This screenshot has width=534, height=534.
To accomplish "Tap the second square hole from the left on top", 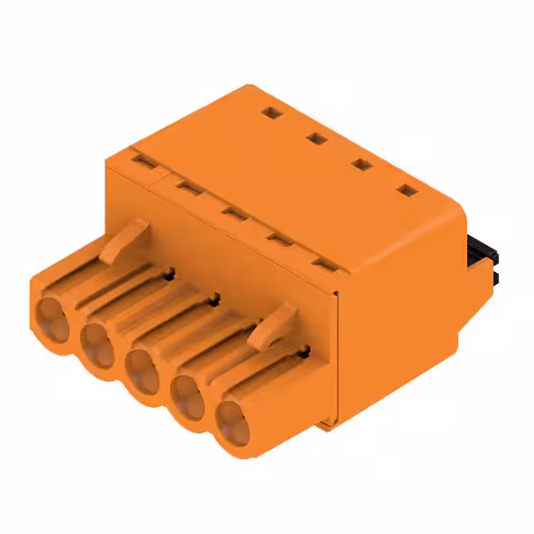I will [315, 138].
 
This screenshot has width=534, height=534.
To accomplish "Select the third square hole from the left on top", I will [361, 164].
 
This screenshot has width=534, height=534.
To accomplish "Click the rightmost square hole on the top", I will [406, 190].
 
